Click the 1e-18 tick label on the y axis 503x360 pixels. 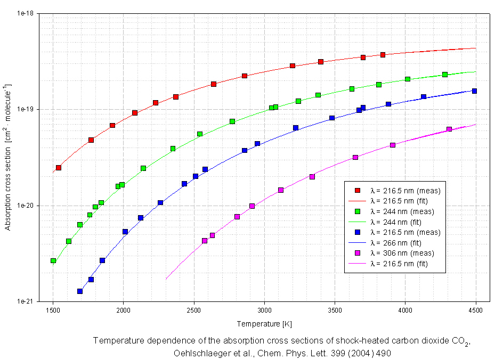(x=25, y=13)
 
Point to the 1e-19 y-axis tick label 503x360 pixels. (x=25, y=110)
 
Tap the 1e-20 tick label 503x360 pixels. (x=25, y=206)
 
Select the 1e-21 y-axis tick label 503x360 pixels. (x=25, y=301)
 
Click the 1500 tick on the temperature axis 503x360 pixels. (x=53, y=309)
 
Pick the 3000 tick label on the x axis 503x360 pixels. (x=264, y=309)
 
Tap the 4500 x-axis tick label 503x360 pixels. (x=476, y=309)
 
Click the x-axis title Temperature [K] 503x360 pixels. (x=265, y=323)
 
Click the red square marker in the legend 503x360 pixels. (x=358, y=191)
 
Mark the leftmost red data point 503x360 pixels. (x=59, y=168)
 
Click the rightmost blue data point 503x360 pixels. (x=474, y=91)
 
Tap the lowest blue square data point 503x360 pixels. (x=80, y=291)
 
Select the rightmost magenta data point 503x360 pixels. (x=449, y=129)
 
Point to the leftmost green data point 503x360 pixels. (x=53, y=260)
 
